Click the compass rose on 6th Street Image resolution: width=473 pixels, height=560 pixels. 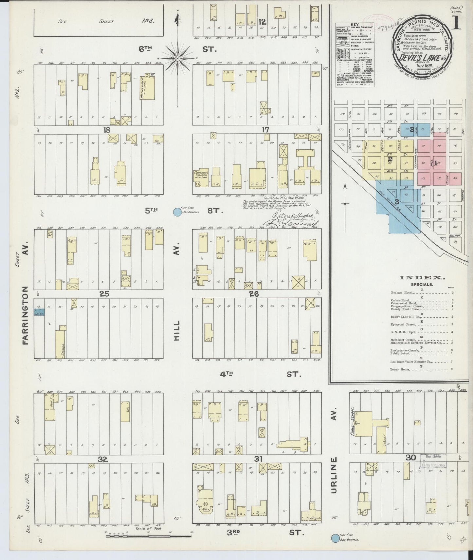coord(177,59)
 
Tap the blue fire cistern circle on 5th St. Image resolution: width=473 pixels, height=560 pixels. coord(177,212)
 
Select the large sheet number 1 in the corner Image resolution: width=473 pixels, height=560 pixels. coord(455,23)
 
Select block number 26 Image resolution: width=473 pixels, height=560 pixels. coord(254,294)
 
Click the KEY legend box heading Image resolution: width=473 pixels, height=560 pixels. coord(343,24)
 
